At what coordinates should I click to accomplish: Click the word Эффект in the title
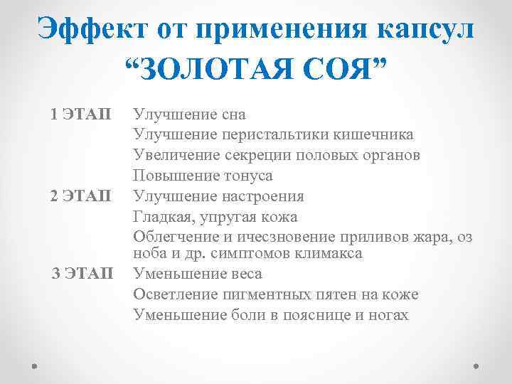(x=83, y=30)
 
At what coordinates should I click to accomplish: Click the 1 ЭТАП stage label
(x=81, y=114)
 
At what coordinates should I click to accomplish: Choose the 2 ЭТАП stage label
(x=81, y=196)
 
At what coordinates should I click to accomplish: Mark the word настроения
(x=262, y=196)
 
